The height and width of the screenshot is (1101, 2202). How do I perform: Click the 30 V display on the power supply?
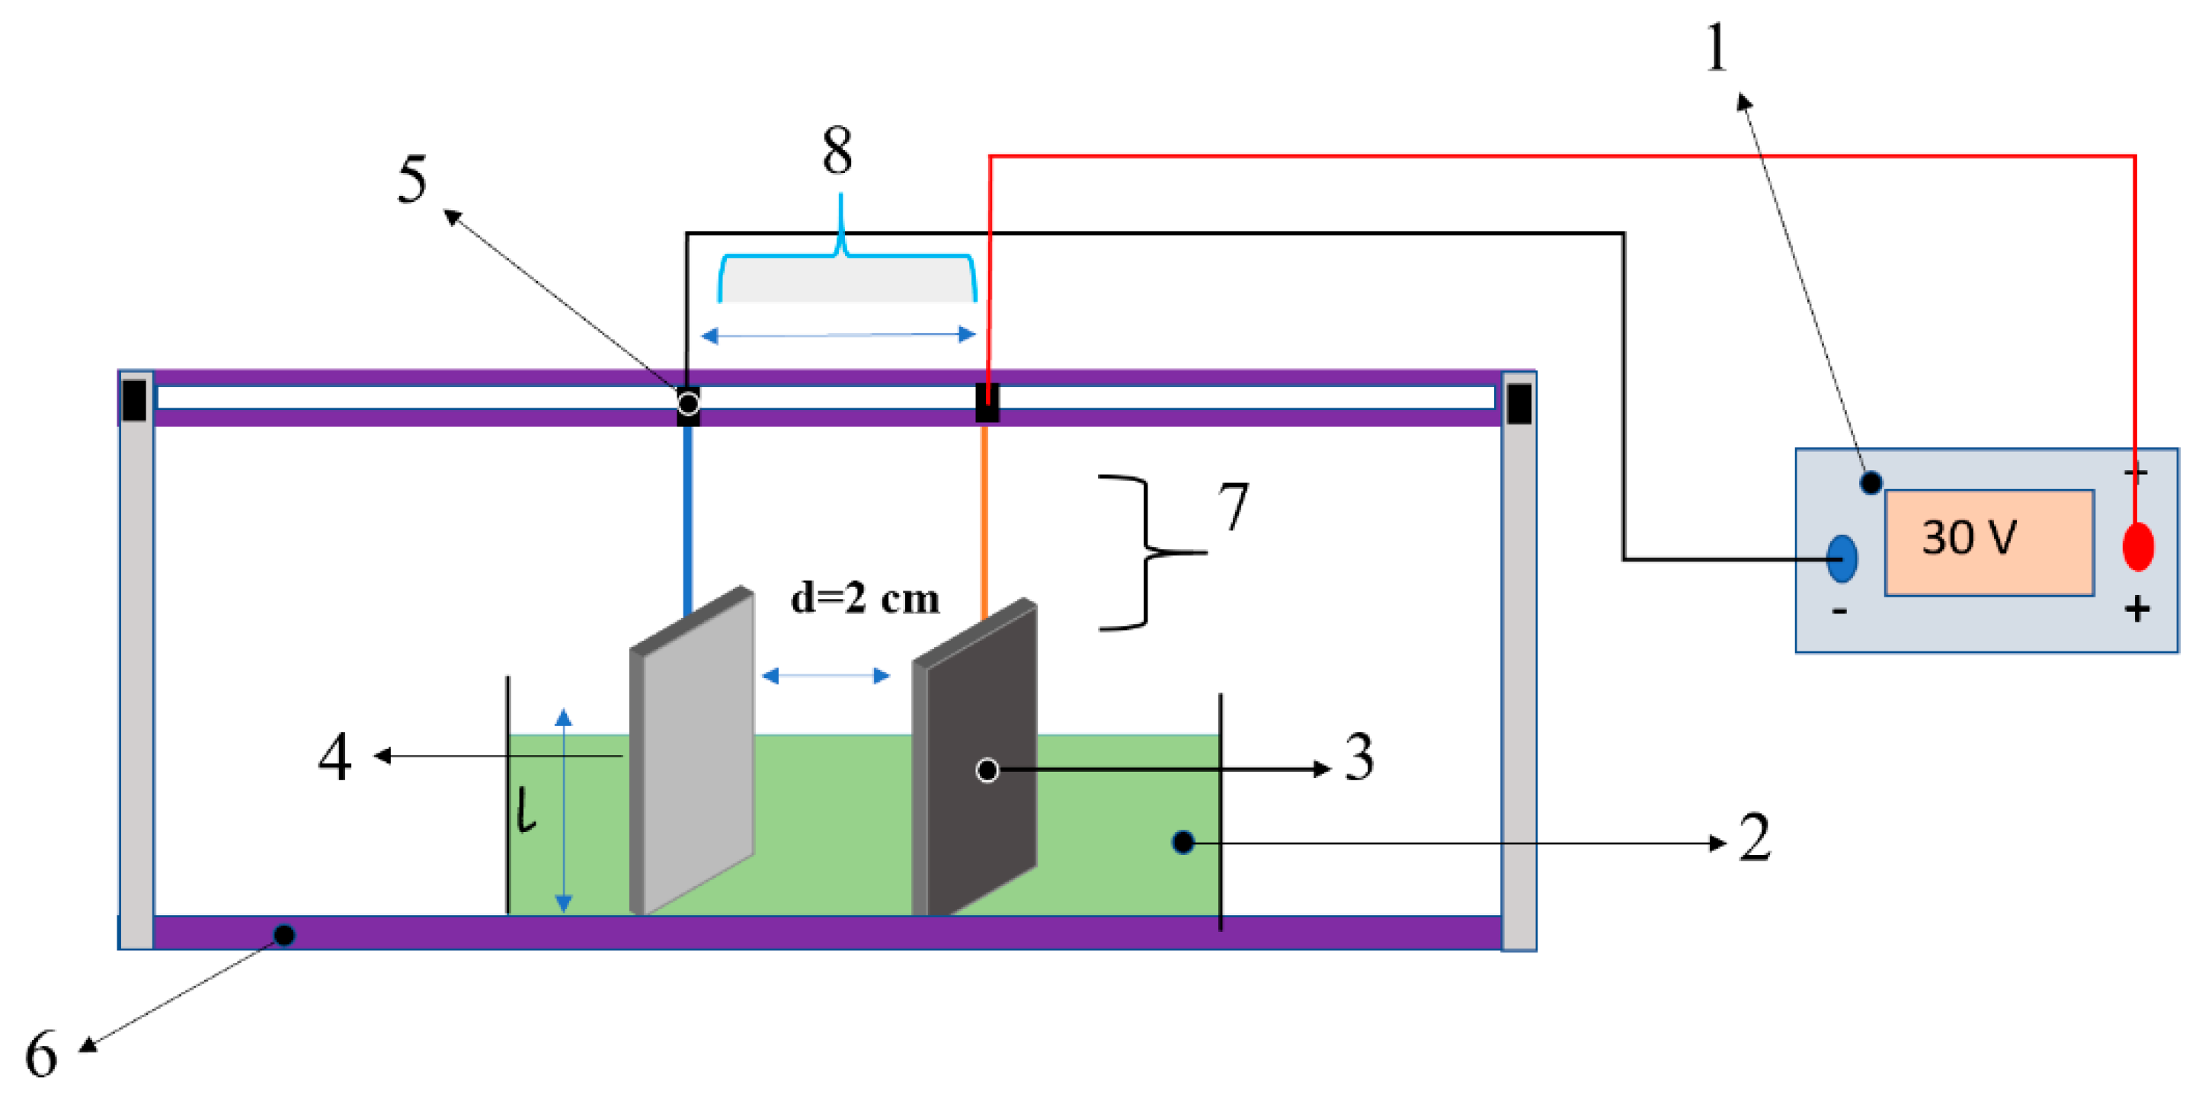[1989, 542]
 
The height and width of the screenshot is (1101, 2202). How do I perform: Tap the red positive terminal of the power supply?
[2137, 547]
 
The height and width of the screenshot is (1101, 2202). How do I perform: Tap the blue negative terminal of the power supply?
[1842, 559]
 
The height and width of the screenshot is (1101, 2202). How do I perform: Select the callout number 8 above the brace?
[837, 150]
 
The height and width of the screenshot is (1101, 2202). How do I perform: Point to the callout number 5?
[412, 180]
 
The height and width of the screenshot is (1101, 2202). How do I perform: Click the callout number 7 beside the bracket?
[1233, 506]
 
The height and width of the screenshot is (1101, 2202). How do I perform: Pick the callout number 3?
[1359, 757]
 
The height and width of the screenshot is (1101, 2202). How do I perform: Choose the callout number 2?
[1754, 837]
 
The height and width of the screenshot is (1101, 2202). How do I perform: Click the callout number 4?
[334, 757]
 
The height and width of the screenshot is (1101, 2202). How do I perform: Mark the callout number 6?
[41, 1054]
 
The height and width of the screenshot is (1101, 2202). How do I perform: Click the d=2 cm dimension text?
[864, 597]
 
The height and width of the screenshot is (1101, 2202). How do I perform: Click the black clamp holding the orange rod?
[987, 402]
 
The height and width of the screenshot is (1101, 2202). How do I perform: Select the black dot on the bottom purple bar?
[285, 935]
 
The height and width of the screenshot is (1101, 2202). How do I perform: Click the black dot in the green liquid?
[1183, 843]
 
